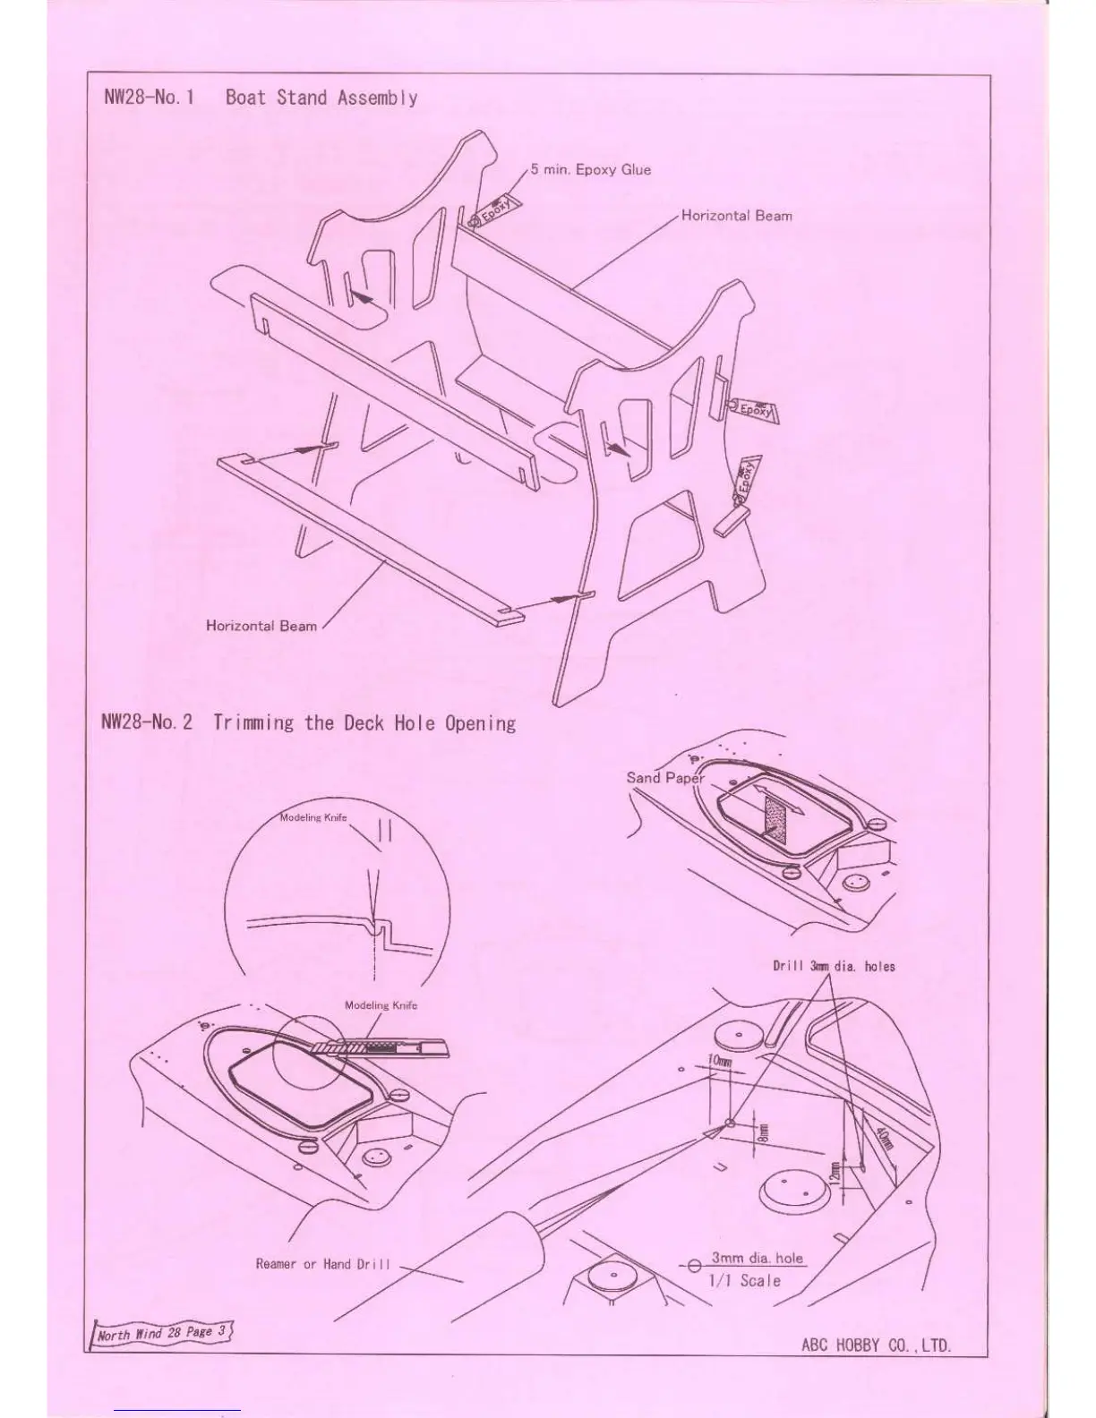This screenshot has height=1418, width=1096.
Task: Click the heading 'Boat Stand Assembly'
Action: [x=321, y=98]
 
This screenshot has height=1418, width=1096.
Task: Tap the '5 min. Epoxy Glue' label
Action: [x=590, y=169]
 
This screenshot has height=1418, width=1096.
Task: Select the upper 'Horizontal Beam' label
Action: [x=736, y=216]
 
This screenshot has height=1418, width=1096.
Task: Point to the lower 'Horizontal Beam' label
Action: [x=261, y=626]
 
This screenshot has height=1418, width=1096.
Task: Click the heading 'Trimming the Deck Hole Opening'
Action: [x=364, y=722]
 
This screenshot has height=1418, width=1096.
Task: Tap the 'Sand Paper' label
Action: [x=664, y=777]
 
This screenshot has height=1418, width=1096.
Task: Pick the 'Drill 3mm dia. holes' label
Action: [x=834, y=966]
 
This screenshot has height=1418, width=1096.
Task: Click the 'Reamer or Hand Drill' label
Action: [x=323, y=1264]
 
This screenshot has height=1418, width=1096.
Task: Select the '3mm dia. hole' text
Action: [x=757, y=1258]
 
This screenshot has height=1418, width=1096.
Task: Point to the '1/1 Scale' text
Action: [x=744, y=1281]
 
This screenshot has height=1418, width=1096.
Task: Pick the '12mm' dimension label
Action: [x=834, y=1170]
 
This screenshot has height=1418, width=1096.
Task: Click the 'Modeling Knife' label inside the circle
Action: [x=313, y=817]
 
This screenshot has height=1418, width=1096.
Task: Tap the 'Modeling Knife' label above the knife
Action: [x=381, y=1005]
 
